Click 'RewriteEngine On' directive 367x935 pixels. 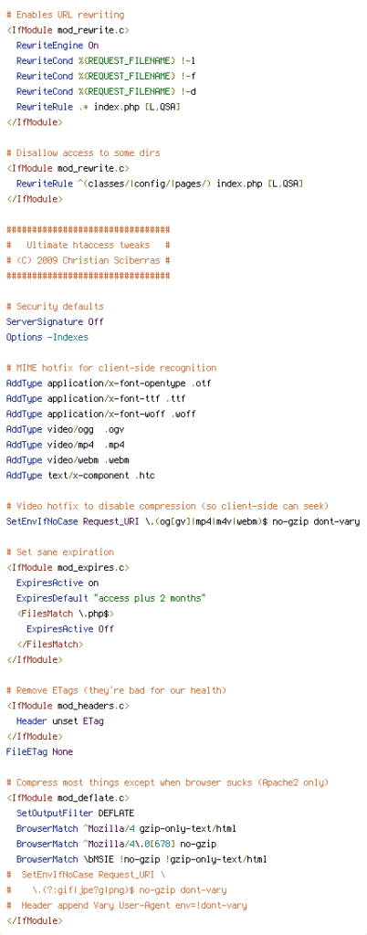click(x=58, y=46)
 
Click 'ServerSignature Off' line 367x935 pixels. click(x=55, y=322)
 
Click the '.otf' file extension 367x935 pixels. click(x=202, y=383)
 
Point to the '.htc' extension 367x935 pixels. click(x=151, y=476)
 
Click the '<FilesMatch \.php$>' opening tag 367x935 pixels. click(x=66, y=614)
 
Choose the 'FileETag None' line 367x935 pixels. click(x=40, y=752)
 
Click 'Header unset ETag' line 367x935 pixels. click(x=60, y=721)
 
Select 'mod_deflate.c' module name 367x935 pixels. click(x=90, y=798)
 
